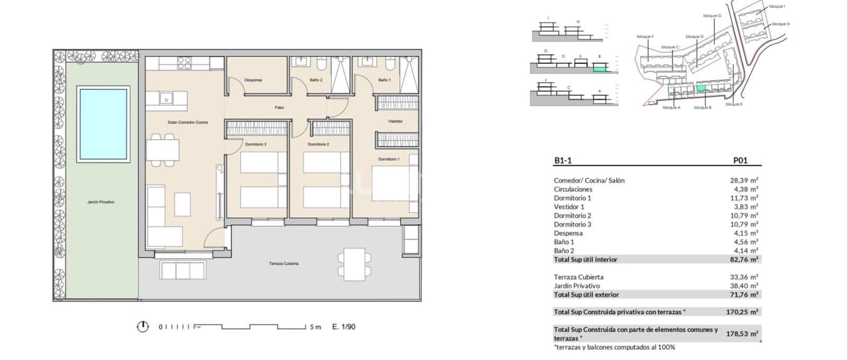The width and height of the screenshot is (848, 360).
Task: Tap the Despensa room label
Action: [x=253, y=80]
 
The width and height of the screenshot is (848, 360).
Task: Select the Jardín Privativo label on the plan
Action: [x=101, y=202]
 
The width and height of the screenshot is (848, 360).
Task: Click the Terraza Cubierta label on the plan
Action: [x=284, y=264]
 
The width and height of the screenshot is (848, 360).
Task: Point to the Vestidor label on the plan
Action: [x=395, y=121]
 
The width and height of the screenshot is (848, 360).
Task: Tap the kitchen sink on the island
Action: [x=166, y=98]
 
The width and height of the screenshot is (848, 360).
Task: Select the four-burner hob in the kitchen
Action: [x=184, y=63]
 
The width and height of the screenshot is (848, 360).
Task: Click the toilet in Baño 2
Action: [x=321, y=65]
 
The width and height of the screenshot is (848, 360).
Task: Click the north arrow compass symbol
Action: [x=143, y=327]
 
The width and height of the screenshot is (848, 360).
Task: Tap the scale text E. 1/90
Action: [x=343, y=327]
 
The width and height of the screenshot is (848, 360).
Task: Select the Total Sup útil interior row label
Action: [x=585, y=259]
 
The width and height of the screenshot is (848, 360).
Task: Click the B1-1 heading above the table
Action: [x=563, y=160]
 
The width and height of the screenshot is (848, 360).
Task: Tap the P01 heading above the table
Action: [x=740, y=160]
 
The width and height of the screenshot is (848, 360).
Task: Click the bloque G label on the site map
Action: [x=712, y=16]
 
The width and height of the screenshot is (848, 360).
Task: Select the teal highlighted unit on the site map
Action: [x=701, y=89]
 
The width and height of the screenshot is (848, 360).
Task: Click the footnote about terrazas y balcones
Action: [x=614, y=347]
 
